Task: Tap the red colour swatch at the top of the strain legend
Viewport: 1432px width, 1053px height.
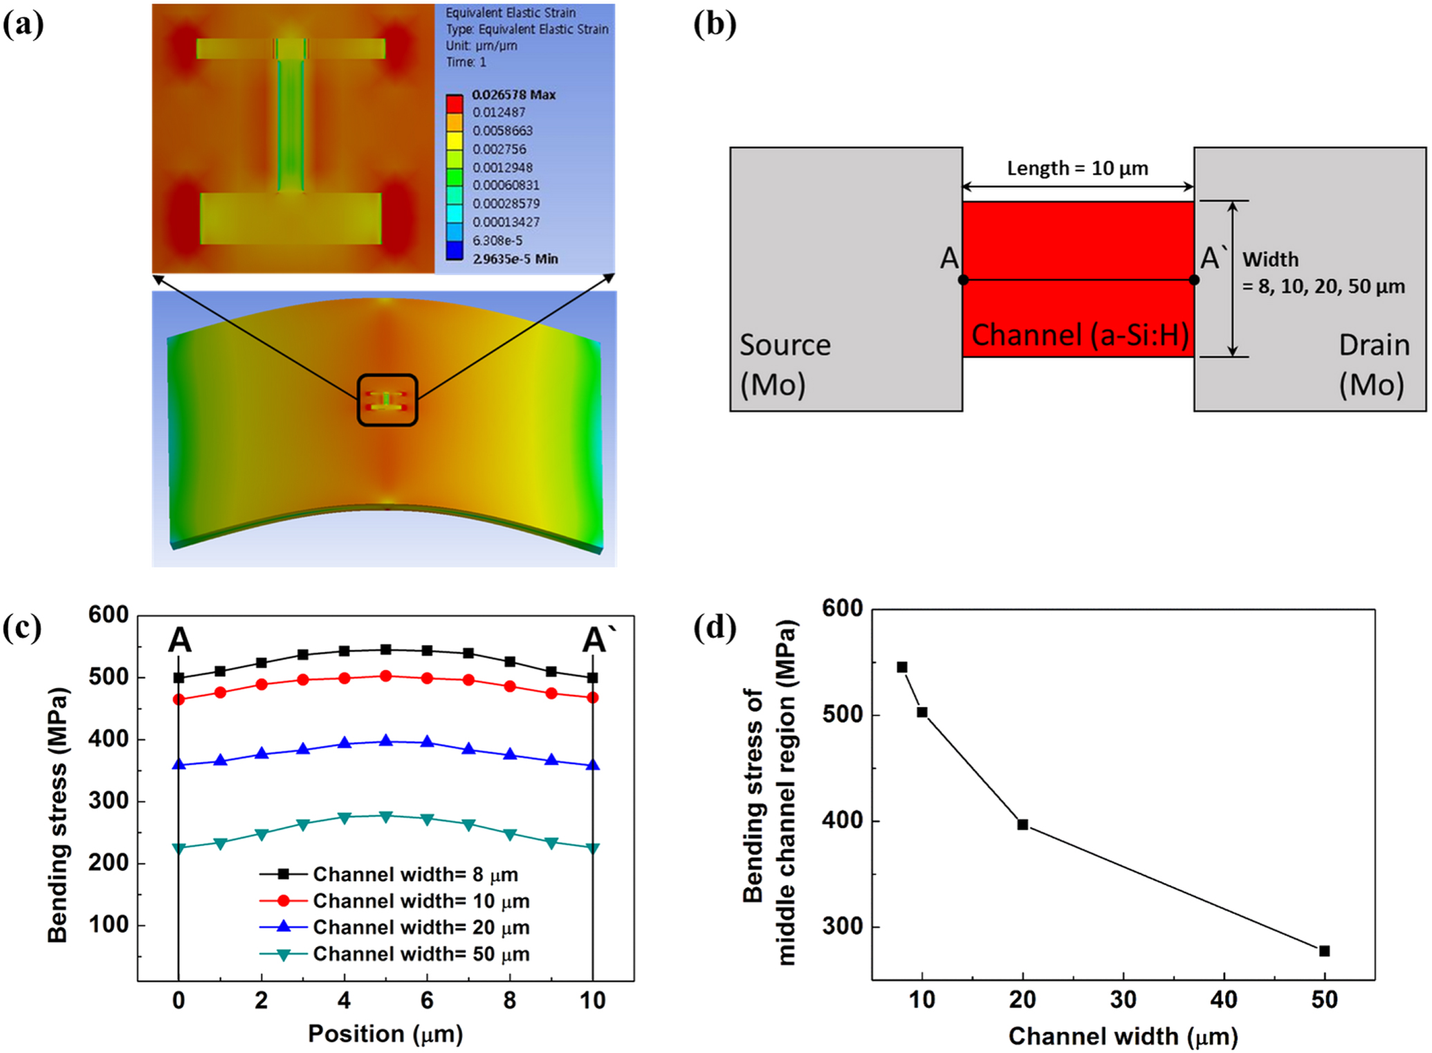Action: point(454,104)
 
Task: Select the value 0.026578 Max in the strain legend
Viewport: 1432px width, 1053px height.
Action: point(513,95)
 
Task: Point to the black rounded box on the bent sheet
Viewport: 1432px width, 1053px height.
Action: point(387,399)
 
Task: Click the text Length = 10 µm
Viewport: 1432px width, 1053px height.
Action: point(1077,168)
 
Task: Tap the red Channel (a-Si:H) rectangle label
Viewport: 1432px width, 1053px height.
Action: point(1079,335)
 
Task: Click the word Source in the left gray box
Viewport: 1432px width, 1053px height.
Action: point(785,345)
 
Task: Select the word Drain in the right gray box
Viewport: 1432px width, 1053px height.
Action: point(1374,345)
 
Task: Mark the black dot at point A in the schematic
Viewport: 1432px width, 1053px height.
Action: point(963,280)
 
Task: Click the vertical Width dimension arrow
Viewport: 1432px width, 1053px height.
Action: point(1232,279)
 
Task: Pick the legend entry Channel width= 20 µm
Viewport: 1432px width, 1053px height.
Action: point(421,927)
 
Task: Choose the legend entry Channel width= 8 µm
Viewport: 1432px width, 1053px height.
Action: point(415,874)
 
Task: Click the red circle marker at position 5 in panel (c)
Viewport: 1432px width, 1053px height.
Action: point(386,676)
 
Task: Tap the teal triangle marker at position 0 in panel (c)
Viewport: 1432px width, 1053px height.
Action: point(179,848)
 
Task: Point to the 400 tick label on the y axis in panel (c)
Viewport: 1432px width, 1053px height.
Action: point(108,739)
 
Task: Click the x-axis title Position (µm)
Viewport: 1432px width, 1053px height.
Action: point(385,1034)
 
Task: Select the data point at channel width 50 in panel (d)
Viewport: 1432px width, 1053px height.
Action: point(1324,951)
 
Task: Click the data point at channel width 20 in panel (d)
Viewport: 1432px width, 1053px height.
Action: point(1022,825)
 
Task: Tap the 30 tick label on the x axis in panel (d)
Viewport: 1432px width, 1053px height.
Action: point(1123,1000)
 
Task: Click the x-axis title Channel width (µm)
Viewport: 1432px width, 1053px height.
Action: point(1123,1036)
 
